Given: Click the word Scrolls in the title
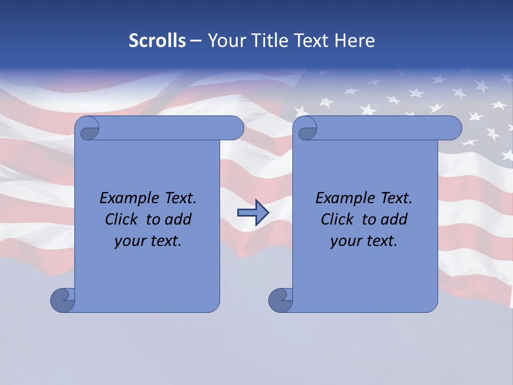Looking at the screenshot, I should [157, 41].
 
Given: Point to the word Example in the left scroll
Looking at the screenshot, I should [127, 198].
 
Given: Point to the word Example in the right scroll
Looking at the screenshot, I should [343, 198].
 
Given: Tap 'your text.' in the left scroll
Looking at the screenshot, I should [148, 241].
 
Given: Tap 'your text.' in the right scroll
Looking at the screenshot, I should [364, 241].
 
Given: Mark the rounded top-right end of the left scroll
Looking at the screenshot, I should [235, 128].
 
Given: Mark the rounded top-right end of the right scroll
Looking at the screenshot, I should [453, 128].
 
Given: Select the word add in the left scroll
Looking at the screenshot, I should [178, 219].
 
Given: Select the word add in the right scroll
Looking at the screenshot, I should [394, 219].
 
